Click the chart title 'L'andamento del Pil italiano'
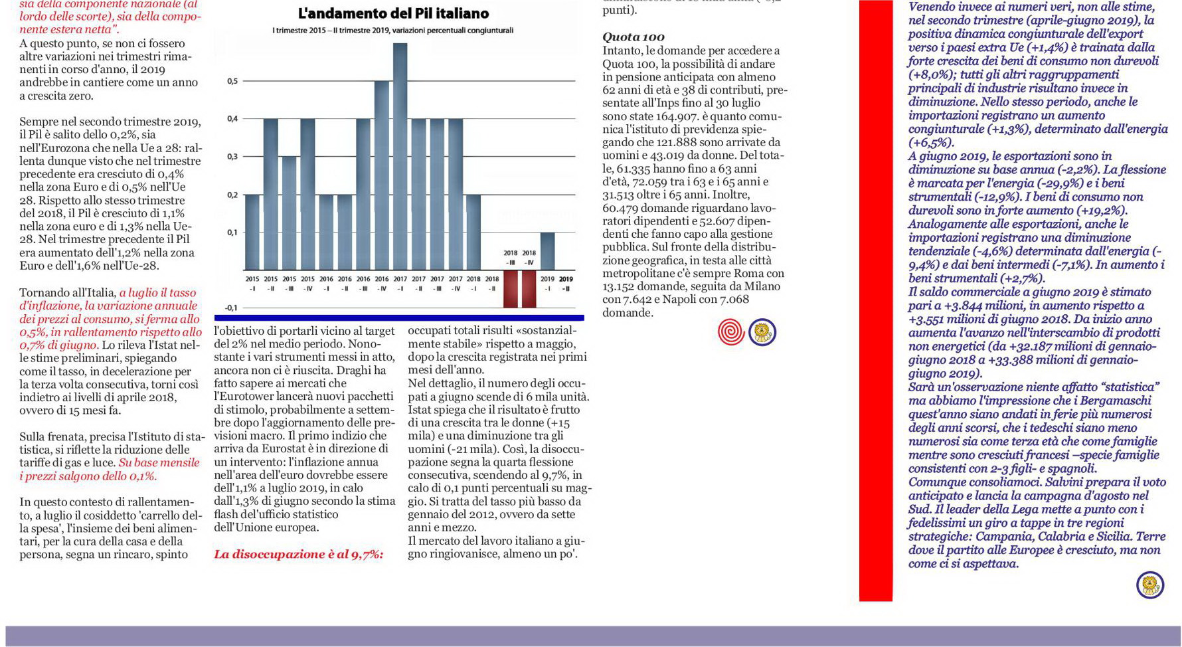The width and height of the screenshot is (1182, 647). coord(393,13)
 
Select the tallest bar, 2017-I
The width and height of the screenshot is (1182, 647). coord(400,156)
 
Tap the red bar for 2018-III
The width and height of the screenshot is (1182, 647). coord(510,288)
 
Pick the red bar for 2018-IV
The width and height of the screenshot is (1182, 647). coord(529,288)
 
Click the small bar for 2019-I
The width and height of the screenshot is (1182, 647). coord(547,251)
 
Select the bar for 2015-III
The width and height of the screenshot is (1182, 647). coord(289,213)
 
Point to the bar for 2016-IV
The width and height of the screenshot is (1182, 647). coord(381,175)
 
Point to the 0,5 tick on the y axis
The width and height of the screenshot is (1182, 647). coord(232,81)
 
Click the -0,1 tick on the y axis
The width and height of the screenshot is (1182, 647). coord(230,308)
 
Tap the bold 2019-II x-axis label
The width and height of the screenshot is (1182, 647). coord(566,284)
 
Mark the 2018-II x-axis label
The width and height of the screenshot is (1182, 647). coord(492,284)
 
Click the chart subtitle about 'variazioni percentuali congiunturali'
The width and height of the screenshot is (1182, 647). coord(392,31)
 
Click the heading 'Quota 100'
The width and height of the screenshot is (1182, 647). coord(633,37)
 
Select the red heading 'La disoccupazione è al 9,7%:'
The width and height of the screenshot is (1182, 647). coord(299,554)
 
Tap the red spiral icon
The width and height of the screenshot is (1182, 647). coord(731,332)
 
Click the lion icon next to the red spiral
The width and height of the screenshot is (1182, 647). coord(762,332)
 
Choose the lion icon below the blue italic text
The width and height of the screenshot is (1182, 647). coord(1150,585)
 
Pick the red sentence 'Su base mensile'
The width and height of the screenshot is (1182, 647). coord(159,462)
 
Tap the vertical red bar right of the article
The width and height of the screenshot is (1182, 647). coord(876,300)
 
